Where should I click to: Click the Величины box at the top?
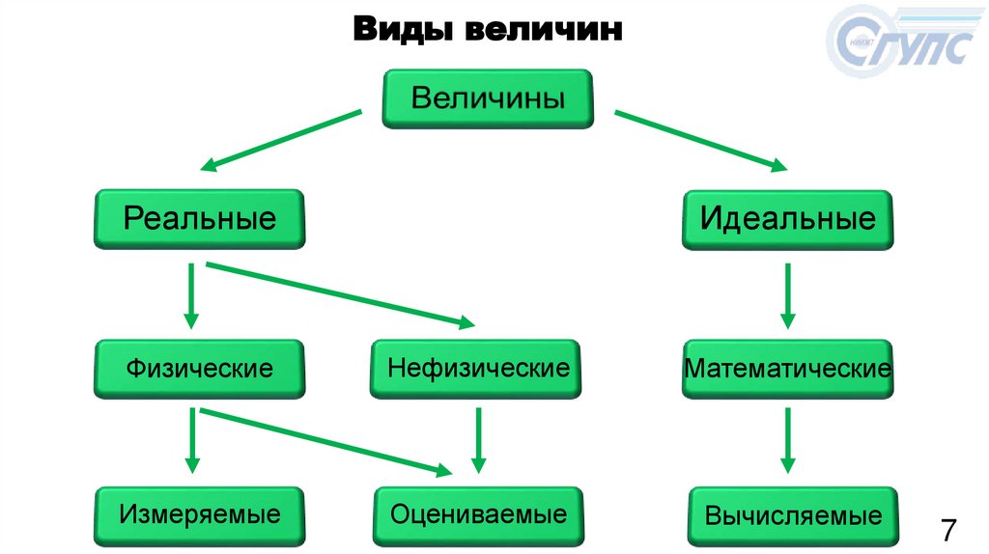click(x=488, y=98)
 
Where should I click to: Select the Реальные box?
click(x=200, y=218)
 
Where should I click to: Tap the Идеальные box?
click(x=788, y=218)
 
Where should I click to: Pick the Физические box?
click(x=200, y=368)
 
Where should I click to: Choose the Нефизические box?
click(x=475, y=368)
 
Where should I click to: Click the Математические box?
click(x=788, y=368)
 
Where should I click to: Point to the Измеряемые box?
click(x=200, y=513)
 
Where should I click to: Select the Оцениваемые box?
click(x=478, y=513)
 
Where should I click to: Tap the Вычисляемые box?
click(x=793, y=515)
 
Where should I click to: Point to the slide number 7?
click(x=948, y=530)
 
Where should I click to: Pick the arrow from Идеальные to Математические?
click(x=788, y=295)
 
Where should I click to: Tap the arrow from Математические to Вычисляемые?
click(x=788, y=439)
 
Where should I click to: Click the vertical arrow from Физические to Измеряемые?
click(x=193, y=439)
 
